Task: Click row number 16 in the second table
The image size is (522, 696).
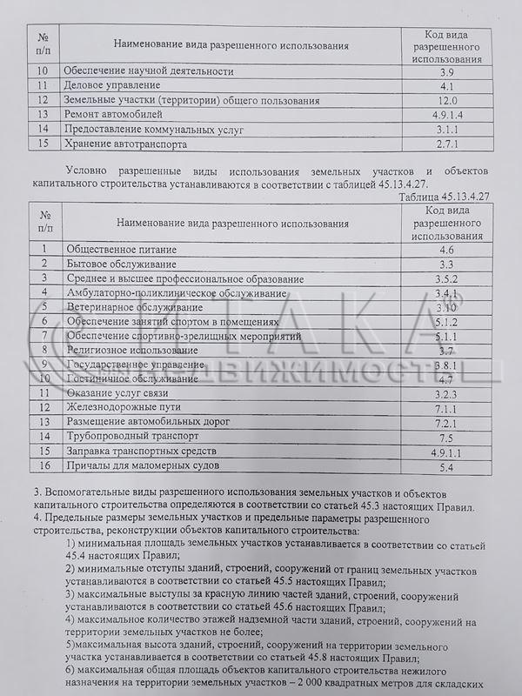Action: click(43, 467)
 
